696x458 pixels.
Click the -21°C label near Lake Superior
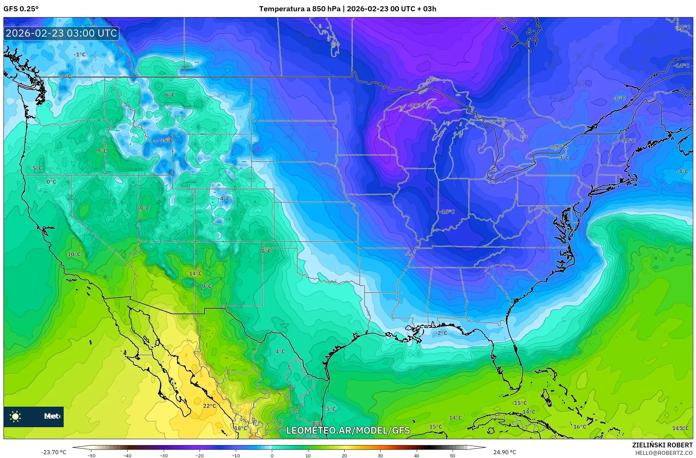coord(416,105)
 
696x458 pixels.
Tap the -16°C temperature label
coord(447,212)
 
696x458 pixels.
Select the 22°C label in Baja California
coord(210,406)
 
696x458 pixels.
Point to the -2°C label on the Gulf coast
coord(441,333)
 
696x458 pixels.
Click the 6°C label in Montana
coord(170,95)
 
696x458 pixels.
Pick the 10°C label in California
coord(74,254)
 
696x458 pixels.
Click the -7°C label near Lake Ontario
coord(563,158)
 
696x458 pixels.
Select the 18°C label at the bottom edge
coord(240,428)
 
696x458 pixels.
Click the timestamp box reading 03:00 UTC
coord(61,33)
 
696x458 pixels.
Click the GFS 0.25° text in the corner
coord(21,9)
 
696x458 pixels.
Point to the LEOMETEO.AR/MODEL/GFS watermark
coord(348,430)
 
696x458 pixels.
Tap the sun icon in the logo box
coord(15,417)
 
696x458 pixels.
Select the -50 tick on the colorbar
coord(91,456)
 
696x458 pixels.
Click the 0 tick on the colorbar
coord(272,456)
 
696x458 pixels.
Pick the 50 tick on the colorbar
coord(453,456)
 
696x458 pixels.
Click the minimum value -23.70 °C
coord(53,452)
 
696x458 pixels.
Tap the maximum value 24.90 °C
coord(504,452)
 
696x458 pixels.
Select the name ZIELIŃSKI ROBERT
coord(662,445)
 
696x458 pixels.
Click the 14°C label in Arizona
coord(195,273)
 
